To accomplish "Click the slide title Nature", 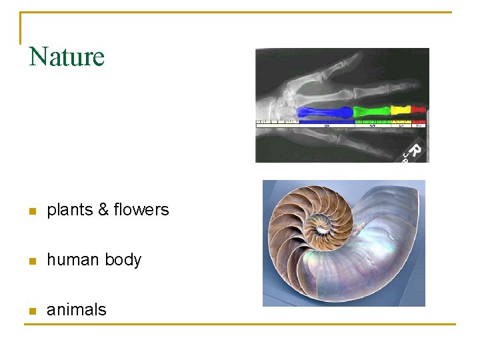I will [67, 56].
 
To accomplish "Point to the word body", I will [123, 260].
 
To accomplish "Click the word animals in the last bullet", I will [76, 310].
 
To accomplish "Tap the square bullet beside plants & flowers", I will [31, 211].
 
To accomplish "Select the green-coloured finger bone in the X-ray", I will [370, 111].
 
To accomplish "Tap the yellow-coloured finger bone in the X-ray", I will [400, 110].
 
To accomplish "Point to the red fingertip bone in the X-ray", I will [418, 109].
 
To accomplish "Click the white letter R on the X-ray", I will [415, 151].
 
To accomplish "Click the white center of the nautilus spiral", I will [322, 230].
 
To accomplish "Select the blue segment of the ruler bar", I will [327, 122].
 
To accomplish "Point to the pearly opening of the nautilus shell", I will [387, 253].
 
